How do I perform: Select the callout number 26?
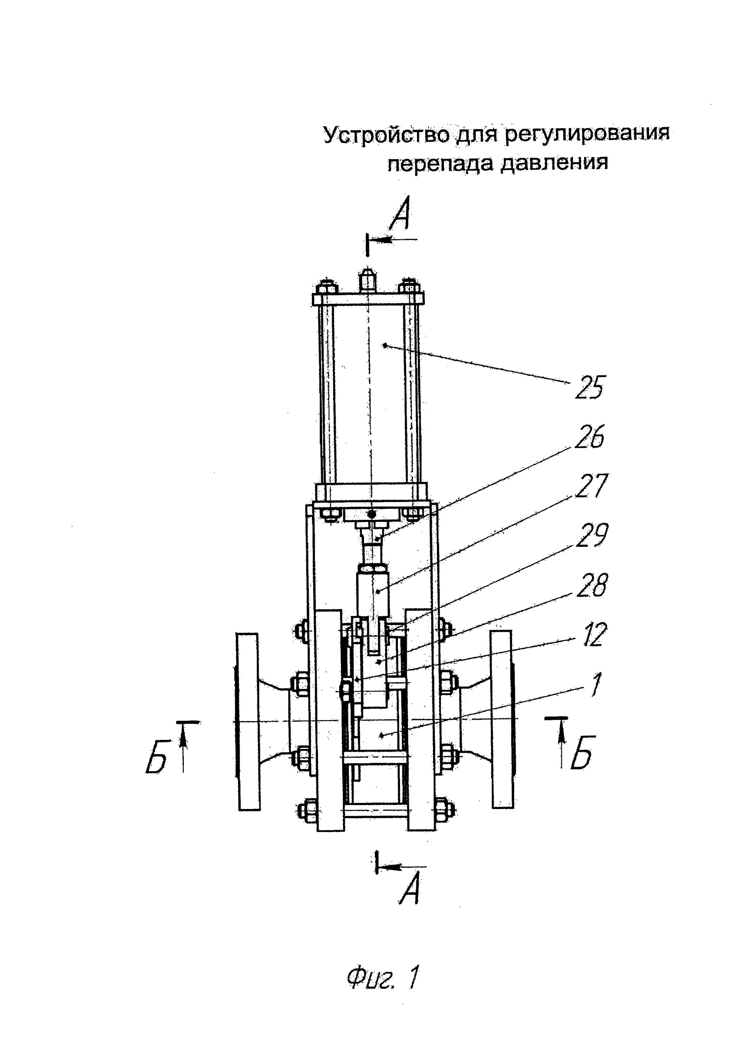(589, 436)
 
